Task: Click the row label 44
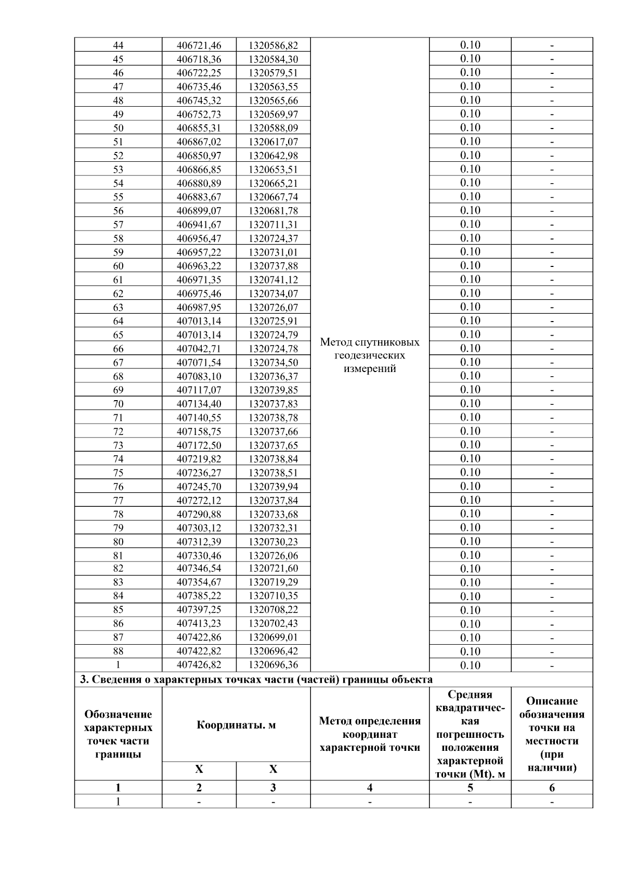(x=118, y=45)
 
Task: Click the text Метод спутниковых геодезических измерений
(x=369, y=355)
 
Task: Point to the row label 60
(x=118, y=266)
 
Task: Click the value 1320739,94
(x=273, y=487)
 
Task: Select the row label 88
(x=118, y=651)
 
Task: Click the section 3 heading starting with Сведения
(x=255, y=680)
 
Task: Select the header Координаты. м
(x=236, y=725)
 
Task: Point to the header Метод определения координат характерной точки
(x=369, y=734)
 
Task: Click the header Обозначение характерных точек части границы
(x=118, y=734)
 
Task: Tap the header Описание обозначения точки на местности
(x=552, y=734)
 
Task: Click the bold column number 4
(x=369, y=788)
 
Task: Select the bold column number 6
(x=552, y=788)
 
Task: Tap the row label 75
(x=118, y=473)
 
